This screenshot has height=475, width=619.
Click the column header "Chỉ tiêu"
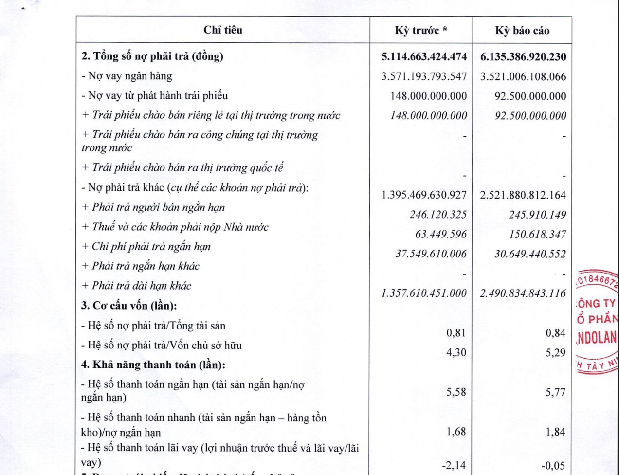223,30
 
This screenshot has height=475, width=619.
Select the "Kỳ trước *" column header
421,31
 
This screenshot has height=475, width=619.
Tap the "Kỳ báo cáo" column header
522,31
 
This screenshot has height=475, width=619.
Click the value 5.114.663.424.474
424,57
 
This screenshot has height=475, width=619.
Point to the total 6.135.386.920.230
523,57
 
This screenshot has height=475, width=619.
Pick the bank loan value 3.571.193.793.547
424,77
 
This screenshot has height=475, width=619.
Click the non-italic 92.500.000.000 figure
530,96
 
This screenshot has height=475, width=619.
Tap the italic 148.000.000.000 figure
428,116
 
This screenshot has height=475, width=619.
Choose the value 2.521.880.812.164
523,195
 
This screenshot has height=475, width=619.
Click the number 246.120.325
438,215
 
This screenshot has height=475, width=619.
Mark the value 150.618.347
537,235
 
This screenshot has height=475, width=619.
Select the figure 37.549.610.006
431,254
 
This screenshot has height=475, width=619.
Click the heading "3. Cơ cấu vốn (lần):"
129,306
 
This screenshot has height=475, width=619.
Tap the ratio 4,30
456,352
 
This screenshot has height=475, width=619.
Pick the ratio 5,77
555,392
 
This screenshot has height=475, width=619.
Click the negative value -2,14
454,466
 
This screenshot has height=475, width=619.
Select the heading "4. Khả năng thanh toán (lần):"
153,365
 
